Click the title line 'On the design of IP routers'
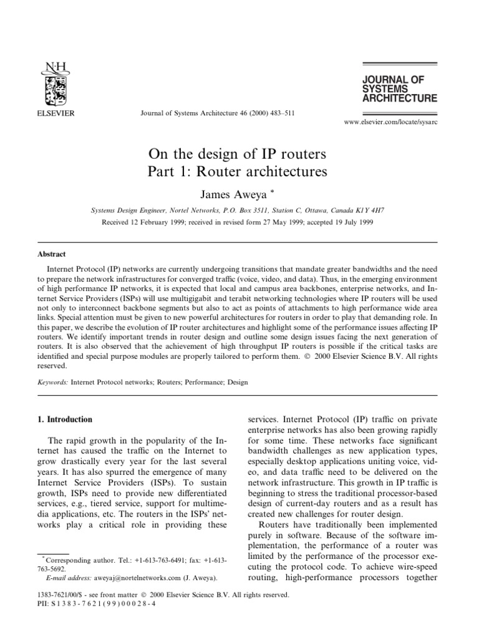(237, 153)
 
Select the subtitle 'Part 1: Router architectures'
(237, 170)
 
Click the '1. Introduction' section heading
(65, 419)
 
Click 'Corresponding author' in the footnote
(70, 561)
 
